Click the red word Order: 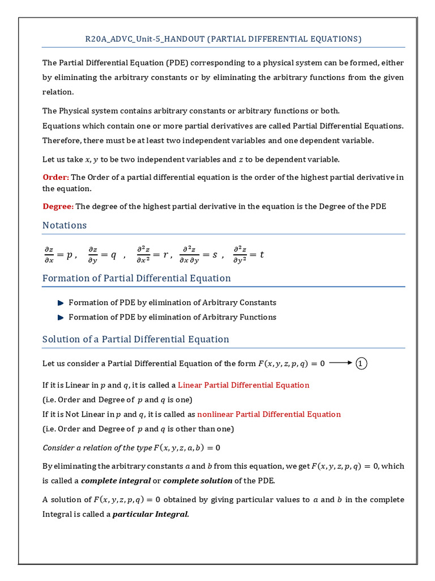pos(56,177)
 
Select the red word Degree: pos(58,207)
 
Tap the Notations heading pos(65,225)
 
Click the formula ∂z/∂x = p pos(59,255)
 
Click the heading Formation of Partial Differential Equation pos(137,278)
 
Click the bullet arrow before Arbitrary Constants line pos(61,302)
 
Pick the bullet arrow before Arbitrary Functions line pos(61,317)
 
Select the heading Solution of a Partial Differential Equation pos(136,339)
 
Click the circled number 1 pos(362,363)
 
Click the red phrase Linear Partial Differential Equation pos(244,385)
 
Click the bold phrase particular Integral pos(151,515)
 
